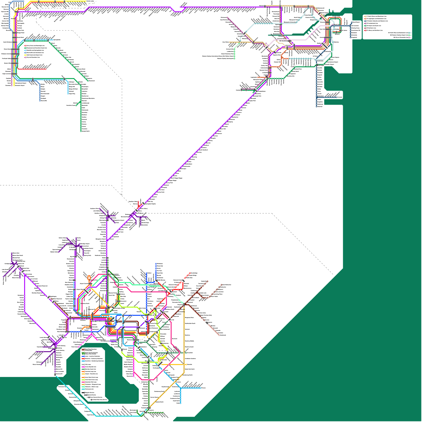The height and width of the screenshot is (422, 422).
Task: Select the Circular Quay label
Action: pyautogui.click(x=336, y=17)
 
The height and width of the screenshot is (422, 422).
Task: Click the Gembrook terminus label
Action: pyautogui.click(x=223, y=335)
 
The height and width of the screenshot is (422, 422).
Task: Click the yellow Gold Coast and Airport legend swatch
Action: pyautogui.click(x=25, y=55)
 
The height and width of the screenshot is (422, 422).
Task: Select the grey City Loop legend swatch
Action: pyautogui.click(x=83, y=365)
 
